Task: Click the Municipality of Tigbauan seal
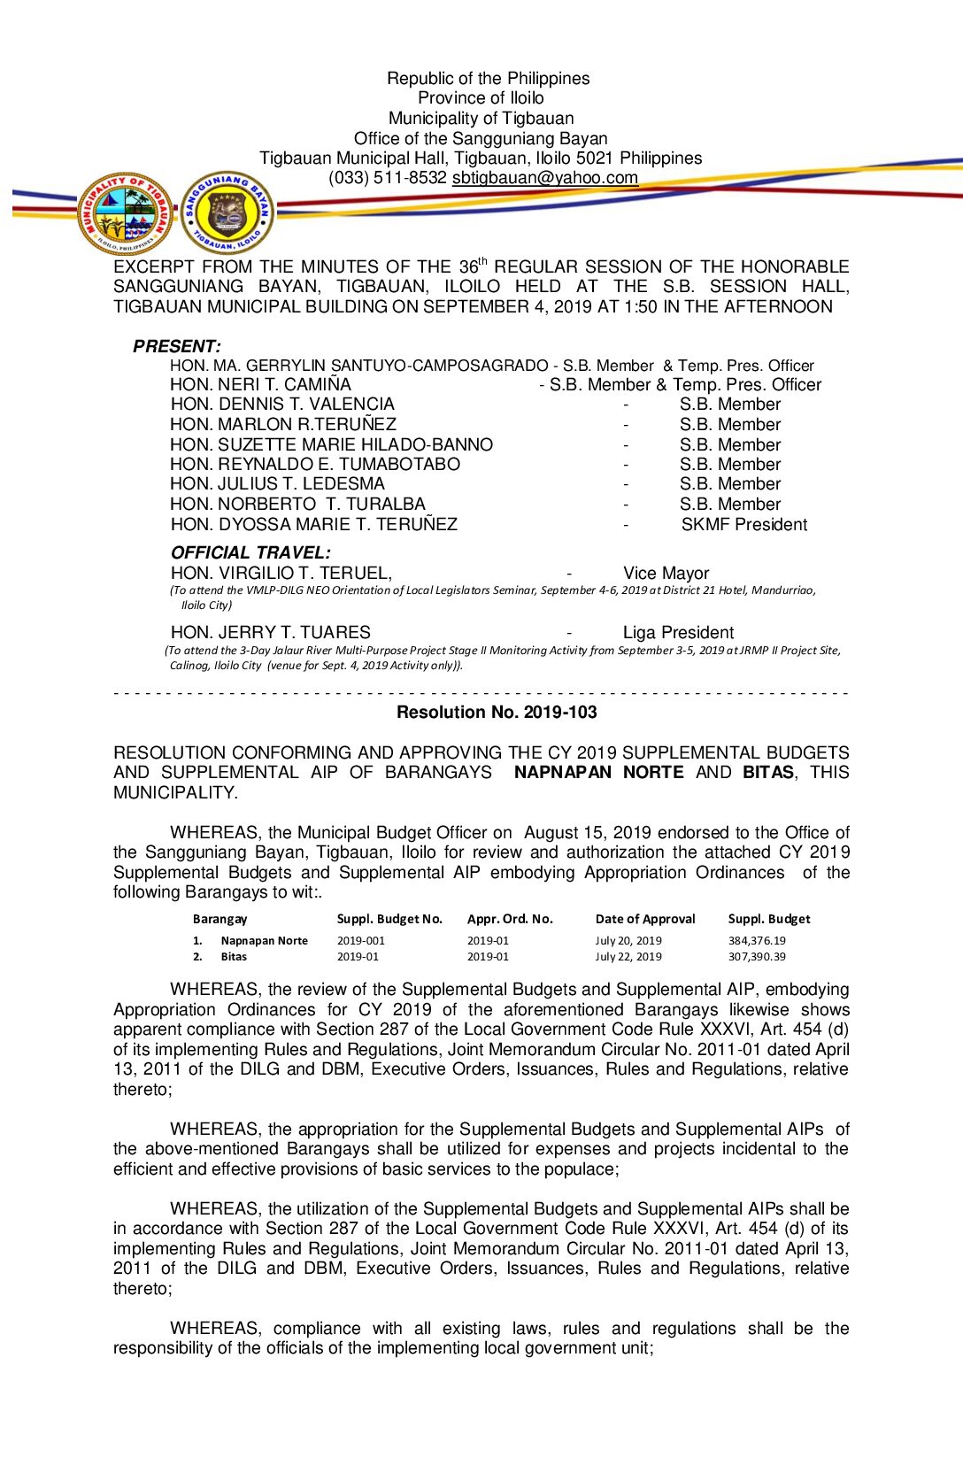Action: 126,214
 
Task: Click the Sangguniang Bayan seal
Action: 227,213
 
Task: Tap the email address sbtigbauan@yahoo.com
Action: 544,177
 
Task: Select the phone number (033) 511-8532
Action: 387,177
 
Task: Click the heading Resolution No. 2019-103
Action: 497,712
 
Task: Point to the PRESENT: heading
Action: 177,346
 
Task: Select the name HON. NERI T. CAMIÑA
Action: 260,384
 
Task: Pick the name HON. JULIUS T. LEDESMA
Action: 277,483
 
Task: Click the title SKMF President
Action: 743,524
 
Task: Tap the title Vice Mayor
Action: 666,573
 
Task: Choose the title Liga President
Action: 678,632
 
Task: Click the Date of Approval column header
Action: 645,919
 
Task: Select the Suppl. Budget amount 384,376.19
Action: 757,940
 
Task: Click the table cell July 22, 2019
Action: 628,956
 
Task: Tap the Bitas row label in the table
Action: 234,956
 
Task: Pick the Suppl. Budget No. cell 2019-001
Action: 360,940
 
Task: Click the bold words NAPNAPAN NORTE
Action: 598,772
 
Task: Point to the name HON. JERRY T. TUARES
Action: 270,632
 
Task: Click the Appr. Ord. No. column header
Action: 510,919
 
